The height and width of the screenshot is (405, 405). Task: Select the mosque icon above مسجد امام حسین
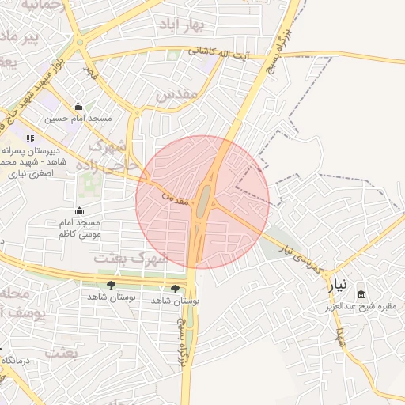pos(78,107)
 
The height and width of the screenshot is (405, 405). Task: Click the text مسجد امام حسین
pos(78,118)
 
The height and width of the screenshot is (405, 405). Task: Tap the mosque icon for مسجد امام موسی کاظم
pos(78,210)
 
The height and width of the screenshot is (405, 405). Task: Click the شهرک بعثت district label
pos(131,258)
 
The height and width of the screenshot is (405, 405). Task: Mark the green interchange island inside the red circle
pos(204,198)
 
